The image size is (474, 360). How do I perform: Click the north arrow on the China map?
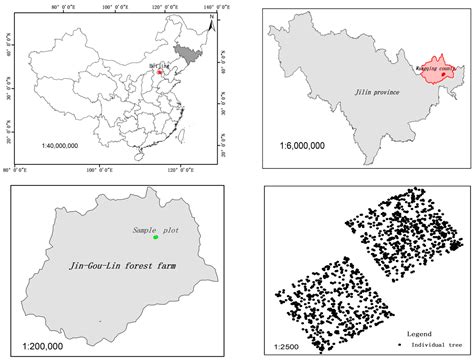point(212,19)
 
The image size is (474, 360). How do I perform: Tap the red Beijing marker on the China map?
point(158,71)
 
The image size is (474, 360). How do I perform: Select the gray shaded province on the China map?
point(185,53)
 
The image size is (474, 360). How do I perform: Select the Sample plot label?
point(151,230)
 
